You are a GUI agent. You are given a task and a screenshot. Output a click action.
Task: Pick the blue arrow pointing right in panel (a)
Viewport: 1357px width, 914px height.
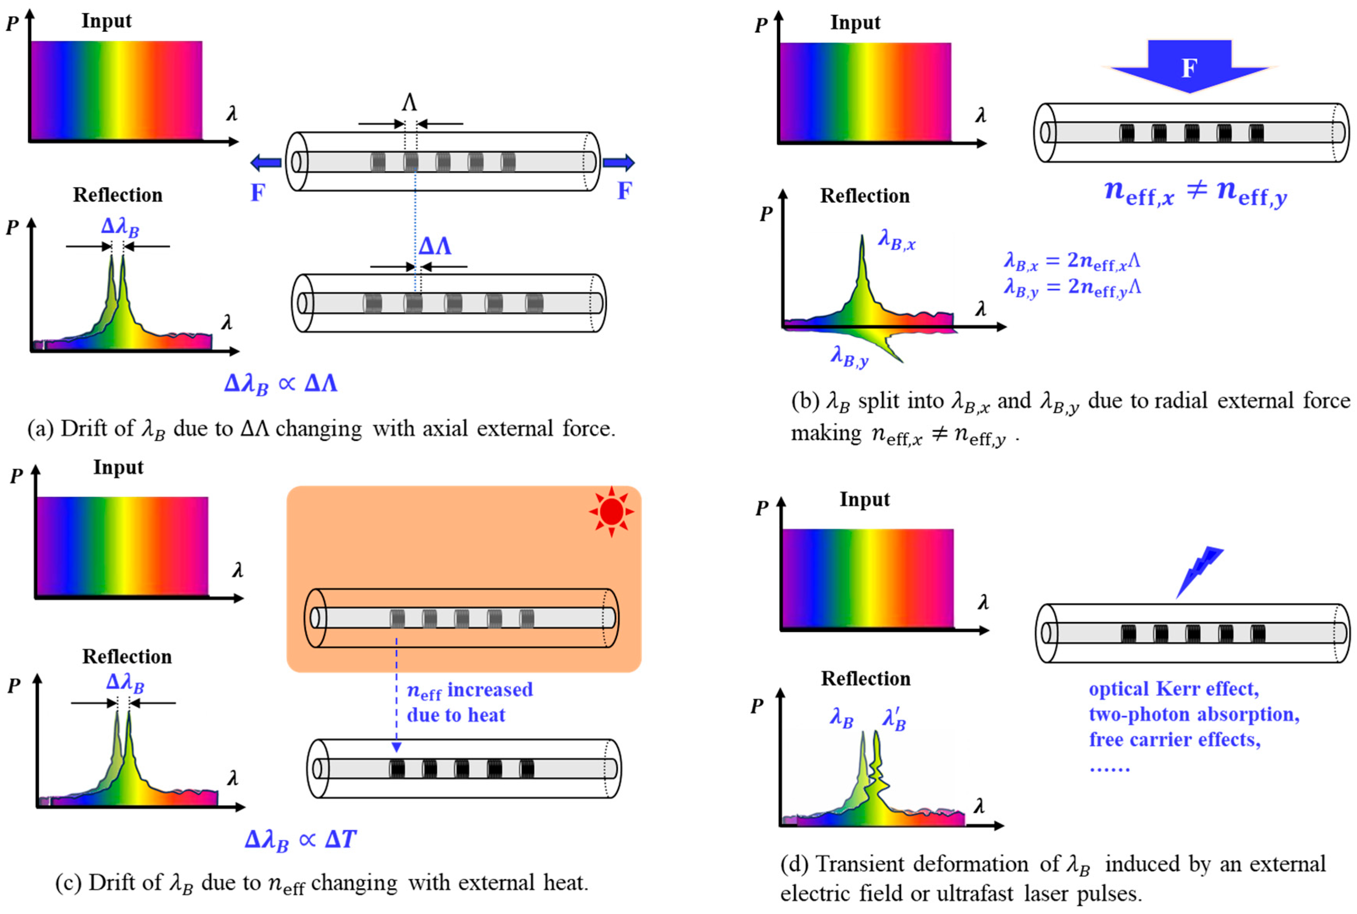[619, 163]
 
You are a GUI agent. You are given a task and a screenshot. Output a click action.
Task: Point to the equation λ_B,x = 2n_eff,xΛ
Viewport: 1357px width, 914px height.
[1071, 261]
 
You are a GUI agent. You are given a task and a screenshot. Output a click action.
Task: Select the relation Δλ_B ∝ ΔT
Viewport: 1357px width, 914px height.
[300, 840]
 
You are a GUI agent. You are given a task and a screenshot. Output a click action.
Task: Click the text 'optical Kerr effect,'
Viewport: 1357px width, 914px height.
[1174, 689]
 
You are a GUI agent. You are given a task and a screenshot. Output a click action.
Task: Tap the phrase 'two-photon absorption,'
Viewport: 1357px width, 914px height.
[1194, 714]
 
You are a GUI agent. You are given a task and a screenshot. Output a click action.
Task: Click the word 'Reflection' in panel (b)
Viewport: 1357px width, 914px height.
[865, 196]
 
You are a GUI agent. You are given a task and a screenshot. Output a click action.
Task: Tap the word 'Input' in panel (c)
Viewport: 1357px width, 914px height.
[118, 468]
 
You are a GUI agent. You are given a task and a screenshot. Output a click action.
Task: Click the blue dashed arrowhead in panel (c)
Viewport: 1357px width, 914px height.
[396, 747]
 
